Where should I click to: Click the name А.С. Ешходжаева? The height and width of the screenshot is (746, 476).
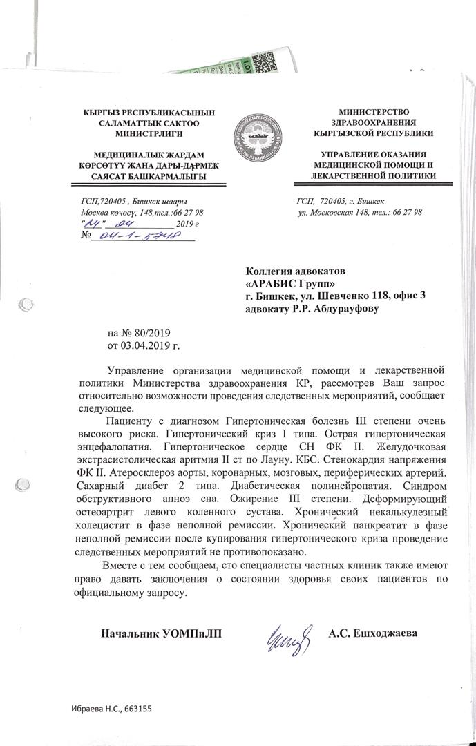374,633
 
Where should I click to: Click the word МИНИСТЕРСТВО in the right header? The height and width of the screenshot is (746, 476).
374,111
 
